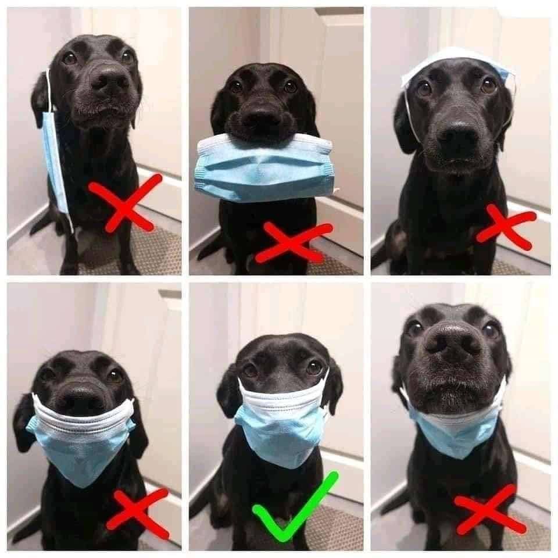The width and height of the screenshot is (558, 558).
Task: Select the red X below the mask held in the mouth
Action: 294,241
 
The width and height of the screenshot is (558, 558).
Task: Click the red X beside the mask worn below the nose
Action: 138,512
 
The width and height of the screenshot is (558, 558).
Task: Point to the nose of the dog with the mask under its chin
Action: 452,343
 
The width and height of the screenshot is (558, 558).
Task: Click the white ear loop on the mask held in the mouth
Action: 336,189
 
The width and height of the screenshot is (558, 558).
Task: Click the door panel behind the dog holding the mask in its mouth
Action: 337,87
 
